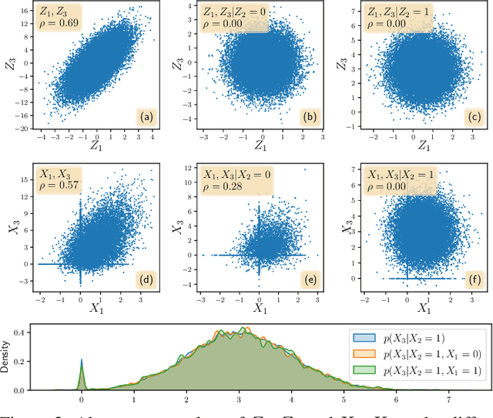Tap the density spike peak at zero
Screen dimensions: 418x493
(x=81, y=359)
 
